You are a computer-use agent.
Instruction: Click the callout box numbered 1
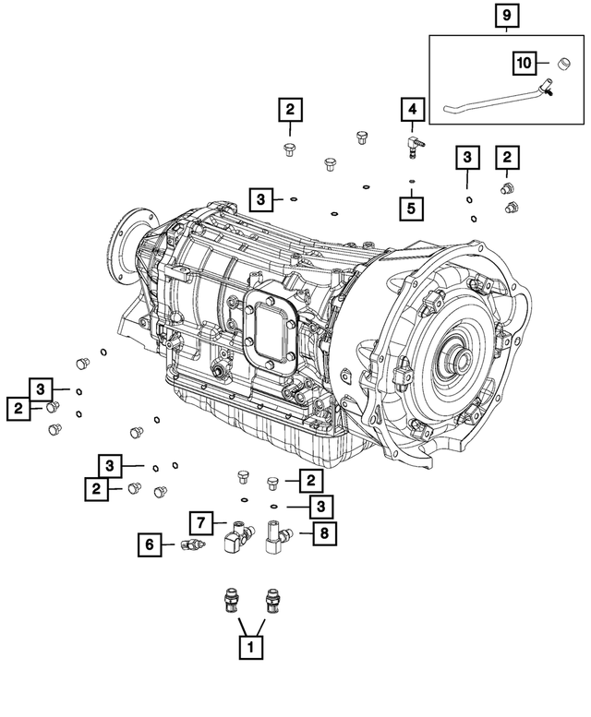(x=247, y=648)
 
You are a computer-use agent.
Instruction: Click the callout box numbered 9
(x=507, y=16)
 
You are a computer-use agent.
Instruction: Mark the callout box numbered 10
(x=525, y=63)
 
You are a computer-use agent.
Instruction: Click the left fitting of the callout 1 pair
(x=228, y=600)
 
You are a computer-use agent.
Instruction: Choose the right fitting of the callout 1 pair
(x=271, y=600)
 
